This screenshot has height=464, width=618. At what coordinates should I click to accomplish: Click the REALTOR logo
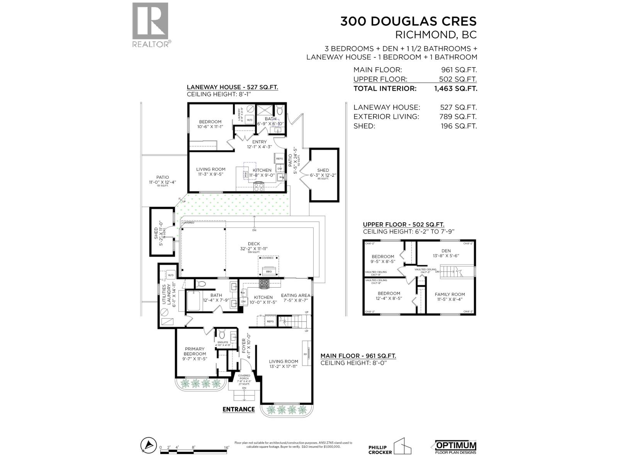click(150, 24)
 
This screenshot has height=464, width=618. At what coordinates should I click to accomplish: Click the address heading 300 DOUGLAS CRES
click(408, 21)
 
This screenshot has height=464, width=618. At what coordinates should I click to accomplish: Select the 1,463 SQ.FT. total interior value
click(455, 88)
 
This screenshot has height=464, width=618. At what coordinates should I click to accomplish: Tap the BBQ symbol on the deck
click(269, 271)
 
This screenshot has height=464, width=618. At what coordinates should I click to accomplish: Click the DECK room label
click(253, 244)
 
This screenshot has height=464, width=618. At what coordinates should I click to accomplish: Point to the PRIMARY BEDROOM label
click(195, 351)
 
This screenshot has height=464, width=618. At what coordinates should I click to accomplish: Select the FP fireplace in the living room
click(306, 354)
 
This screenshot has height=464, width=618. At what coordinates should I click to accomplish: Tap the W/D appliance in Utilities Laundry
click(171, 275)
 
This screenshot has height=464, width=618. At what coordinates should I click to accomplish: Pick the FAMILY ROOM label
click(450, 294)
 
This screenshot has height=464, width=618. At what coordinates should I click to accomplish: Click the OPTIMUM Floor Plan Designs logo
click(456, 455)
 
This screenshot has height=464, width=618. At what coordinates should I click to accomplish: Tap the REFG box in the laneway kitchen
click(279, 159)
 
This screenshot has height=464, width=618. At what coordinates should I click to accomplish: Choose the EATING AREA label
click(295, 295)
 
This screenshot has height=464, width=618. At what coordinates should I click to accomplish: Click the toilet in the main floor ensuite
click(222, 334)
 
